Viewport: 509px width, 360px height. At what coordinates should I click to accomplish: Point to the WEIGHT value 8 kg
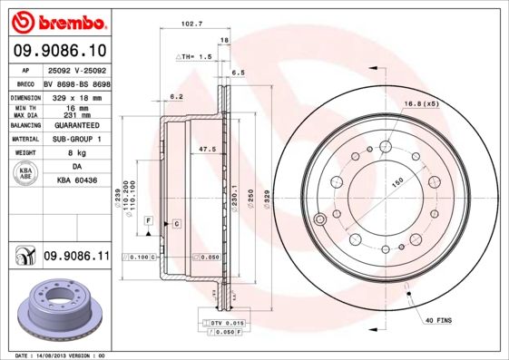tap(76, 153)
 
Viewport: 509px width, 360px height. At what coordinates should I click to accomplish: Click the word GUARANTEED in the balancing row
tap(76, 126)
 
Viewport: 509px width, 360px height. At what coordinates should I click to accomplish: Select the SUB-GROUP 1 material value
tap(76, 140)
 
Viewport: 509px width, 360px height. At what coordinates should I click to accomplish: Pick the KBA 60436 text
tap(76, 182)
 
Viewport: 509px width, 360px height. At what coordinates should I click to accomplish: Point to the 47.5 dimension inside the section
tap(206, 148)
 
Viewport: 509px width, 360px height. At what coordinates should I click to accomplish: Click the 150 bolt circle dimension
tap(396, 181)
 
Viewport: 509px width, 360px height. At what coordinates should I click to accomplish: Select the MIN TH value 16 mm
tap(76, 106)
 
